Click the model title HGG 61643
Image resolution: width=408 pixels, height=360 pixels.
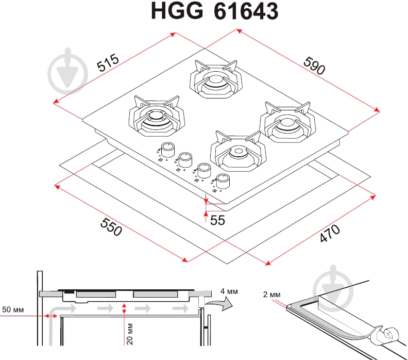(x=215, y=11)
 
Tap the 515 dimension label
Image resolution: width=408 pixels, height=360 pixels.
(x=108, y=62)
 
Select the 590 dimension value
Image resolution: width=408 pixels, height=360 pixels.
(x=314, y=66)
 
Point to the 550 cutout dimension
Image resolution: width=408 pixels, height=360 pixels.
(x=111, y=226)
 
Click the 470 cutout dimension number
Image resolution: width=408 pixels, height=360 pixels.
(x=330, y=233)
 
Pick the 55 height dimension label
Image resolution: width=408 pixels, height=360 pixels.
(x=217, y=220)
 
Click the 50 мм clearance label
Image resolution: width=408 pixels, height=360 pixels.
(x=13, y=309)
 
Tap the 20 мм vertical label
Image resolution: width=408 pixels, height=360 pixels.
(x=129, y=334)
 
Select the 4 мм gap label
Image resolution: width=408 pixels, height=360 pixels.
(x=229, y=291)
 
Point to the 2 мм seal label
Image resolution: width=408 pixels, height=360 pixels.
(x=271, y=294)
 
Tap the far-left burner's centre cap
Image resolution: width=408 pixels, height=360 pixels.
(x=157, y=116)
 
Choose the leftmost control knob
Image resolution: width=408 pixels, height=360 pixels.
(x=168, y=150)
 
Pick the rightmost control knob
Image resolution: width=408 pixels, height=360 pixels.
(x=223, y=181)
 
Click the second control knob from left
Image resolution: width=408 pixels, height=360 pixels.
(x=185, y=160)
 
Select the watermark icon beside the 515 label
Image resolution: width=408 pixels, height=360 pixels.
(x=68, y=71)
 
